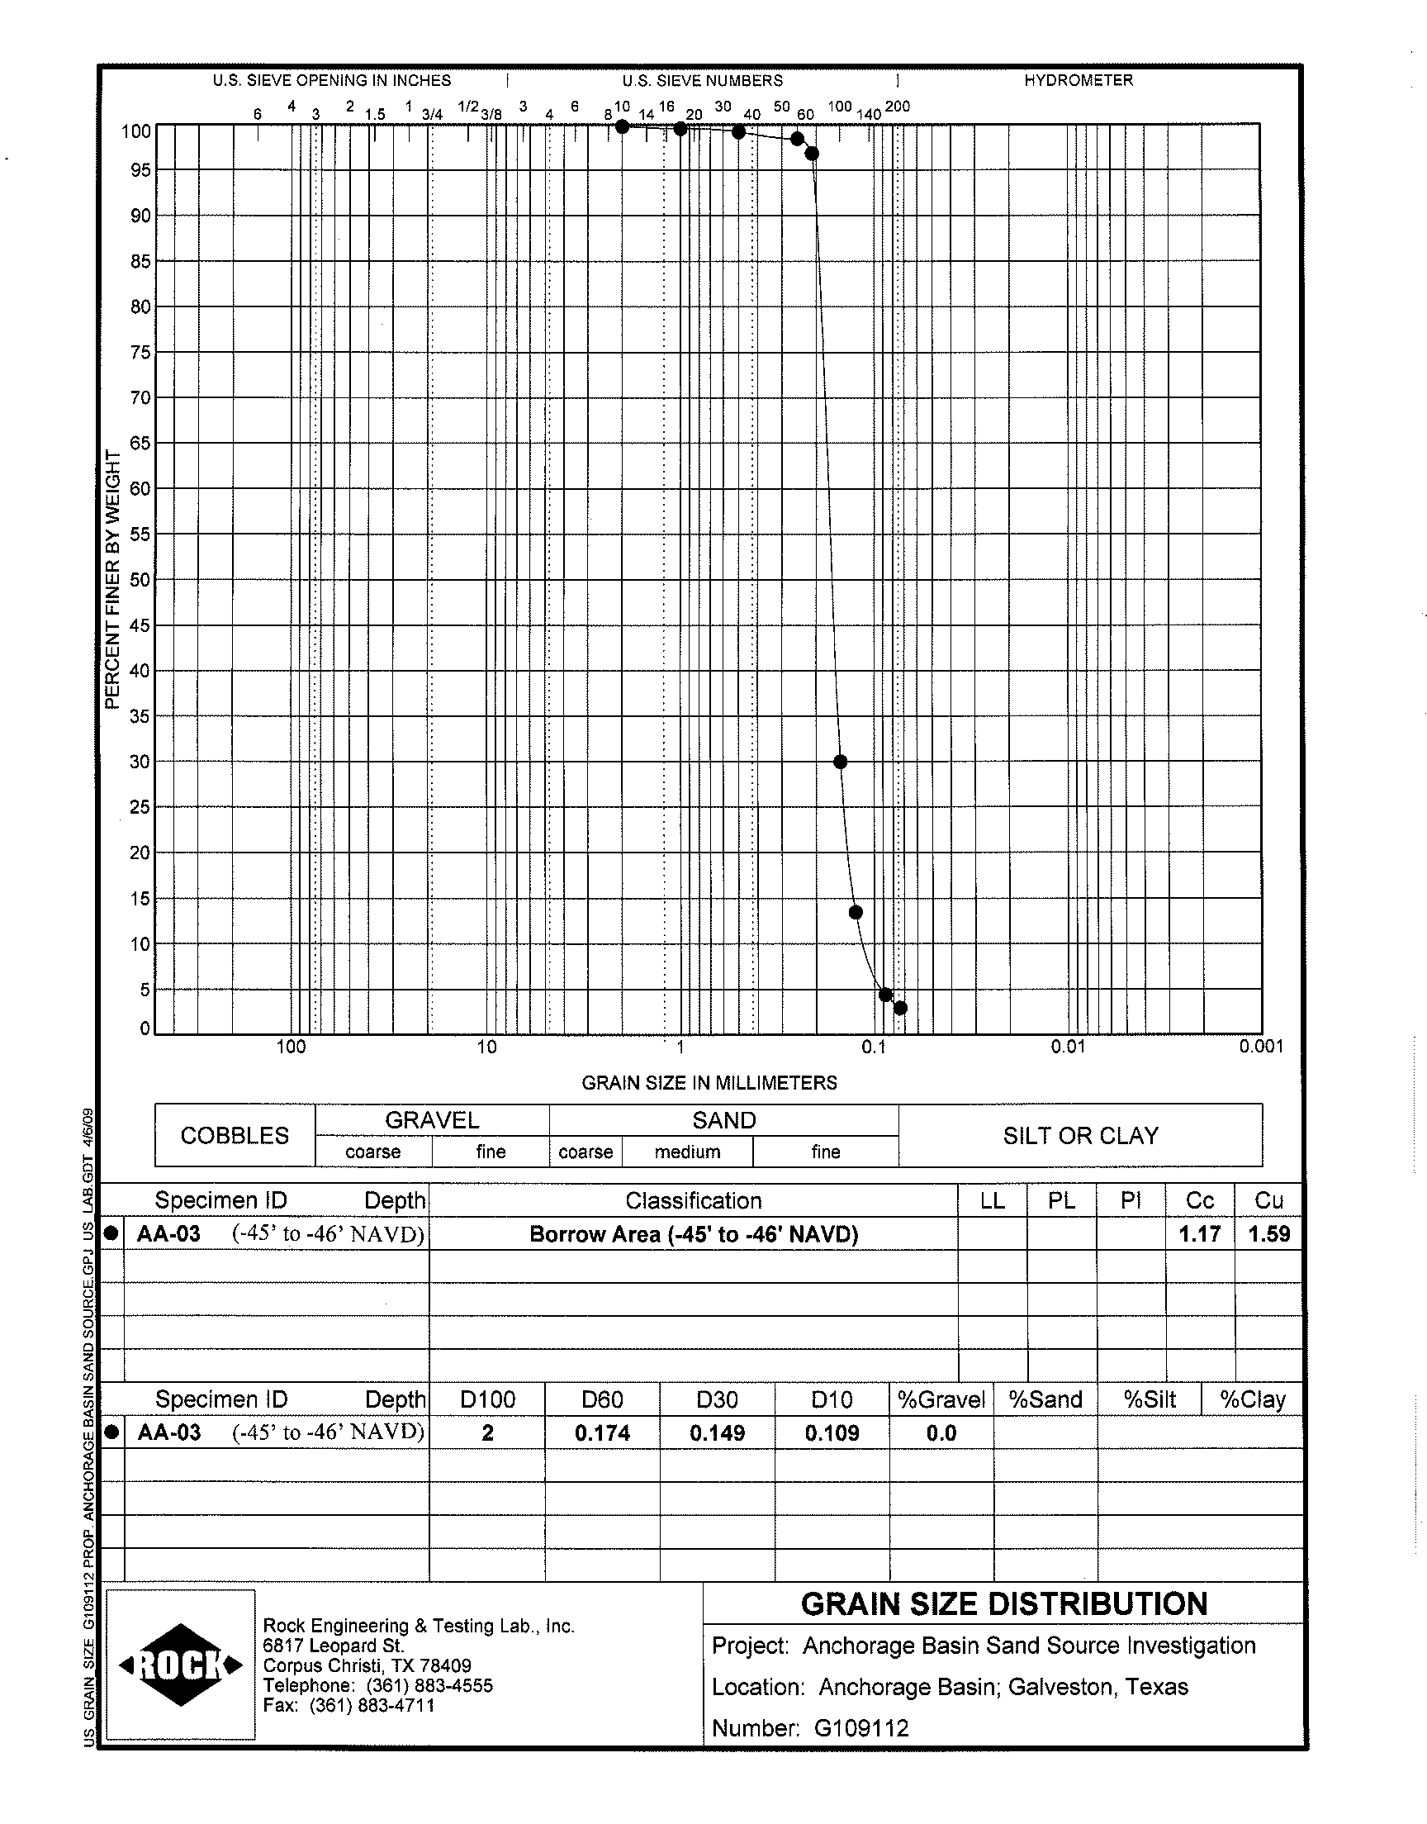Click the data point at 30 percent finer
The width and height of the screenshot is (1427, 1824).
tap(841, 761)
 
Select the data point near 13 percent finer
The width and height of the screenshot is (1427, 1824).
tap(856, 911)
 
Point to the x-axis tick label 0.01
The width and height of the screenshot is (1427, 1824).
tap(1068, 1046)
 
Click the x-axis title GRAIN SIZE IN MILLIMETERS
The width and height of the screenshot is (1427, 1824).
tap(709, 1083)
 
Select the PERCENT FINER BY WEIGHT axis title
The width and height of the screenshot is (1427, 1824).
tap(113, 579)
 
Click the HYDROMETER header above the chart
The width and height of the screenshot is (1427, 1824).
tap(1079, 81)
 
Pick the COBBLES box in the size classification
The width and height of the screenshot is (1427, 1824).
tap(235, 1136)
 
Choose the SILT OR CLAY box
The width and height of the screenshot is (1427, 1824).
tap(1080, 1136)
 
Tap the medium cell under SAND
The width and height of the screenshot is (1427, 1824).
tap(687, 1152)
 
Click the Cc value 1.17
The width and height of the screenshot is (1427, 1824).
tap(1200, 1234)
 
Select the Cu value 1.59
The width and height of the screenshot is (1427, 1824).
tap(1269, 1234)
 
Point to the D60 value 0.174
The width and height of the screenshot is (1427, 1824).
tap(601, 1433)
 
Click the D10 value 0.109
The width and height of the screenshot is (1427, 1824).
tap(832, 1433)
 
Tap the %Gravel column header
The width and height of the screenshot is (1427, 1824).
tap(941, 1399)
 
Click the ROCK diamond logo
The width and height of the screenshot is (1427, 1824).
tap(181, 1665)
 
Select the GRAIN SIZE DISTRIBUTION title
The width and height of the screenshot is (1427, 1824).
tap(1004, 1604)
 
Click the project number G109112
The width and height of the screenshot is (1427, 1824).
tap(861, 1728)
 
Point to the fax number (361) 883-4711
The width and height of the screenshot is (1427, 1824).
tap(372, 1705)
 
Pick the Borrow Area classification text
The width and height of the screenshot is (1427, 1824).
tap(694, 1234)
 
